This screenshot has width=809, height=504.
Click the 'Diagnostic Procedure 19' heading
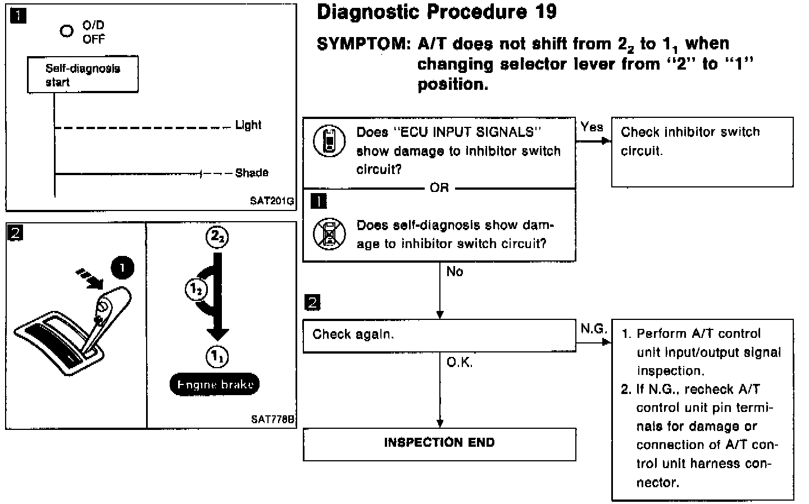point(437,12)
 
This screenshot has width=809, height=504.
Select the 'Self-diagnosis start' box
point(83,75)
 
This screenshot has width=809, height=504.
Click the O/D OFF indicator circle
point(67,31)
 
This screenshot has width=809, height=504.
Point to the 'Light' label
point(248,125)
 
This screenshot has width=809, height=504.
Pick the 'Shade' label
point(252,173)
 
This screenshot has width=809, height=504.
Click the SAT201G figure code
point(272,201)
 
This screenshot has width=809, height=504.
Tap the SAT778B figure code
point(273,419)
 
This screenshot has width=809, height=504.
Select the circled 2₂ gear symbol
point(216,237)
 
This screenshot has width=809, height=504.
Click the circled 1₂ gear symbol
point(196,290)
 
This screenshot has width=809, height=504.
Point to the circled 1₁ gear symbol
point(217,356)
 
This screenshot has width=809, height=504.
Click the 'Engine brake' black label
point(215,384)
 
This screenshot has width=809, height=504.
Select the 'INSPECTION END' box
point(439,443)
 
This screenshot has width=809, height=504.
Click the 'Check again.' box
point(439,336)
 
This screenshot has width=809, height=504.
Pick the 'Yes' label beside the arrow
point(592,127)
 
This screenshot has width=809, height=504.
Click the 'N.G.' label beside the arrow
point(593,329)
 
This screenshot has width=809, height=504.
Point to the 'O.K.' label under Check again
point(460,363)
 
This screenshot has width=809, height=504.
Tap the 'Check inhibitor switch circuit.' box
point(702,152)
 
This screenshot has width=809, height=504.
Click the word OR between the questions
point(439,188)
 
